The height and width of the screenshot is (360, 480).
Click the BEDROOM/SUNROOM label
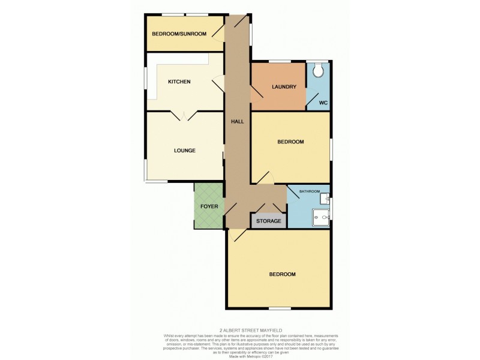(179, 34)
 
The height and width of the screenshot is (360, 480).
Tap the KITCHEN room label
(179, 82)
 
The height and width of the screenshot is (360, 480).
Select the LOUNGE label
(185, 150)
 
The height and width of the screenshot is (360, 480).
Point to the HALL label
(237, 121)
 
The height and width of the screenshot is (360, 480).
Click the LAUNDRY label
(284, 87)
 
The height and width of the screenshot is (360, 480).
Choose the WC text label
(323, 103)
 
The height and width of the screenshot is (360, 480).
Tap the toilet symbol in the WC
(319, 71)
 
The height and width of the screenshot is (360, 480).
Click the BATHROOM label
(310, 191)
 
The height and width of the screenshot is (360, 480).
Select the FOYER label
(209, 206)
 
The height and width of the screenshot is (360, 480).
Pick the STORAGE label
(269, 221)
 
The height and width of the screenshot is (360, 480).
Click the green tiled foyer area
(209, 219)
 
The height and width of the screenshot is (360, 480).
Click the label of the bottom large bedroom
(282, 274)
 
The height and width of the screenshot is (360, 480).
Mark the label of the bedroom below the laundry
(290, 142)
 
